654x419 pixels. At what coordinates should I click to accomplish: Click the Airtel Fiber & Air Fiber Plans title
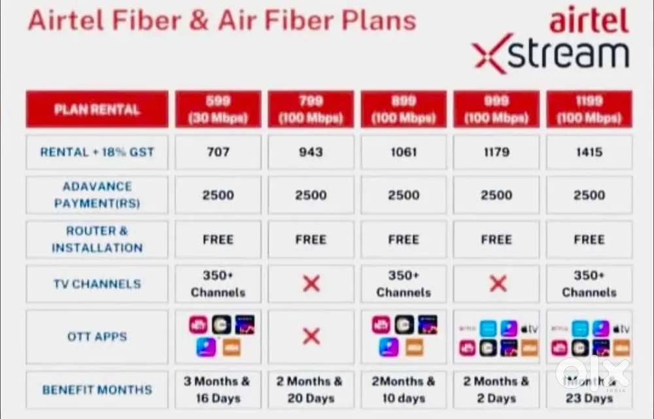(222, 20)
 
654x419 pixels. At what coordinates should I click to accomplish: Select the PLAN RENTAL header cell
(97, 109)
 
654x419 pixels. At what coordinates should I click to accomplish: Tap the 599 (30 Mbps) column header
(218, 109)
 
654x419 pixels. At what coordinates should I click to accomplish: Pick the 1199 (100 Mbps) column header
(589, 109)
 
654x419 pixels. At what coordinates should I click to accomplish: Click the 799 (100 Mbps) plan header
(311, 109)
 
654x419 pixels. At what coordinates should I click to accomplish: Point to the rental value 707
(218, 152)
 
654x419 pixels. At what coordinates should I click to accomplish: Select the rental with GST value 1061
(404, 152)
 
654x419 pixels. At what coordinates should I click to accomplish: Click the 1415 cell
(589, 152)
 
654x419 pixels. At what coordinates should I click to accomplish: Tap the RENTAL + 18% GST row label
(97, 152)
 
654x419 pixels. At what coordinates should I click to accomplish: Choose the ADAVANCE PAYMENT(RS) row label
(97, 195)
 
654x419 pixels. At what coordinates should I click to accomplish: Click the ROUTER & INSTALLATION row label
(97, 239)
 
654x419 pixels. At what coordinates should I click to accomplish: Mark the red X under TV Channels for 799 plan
(311, 284)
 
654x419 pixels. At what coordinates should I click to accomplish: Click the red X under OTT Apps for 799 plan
(311, 337)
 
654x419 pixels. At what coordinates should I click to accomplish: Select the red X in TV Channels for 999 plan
(498, 284)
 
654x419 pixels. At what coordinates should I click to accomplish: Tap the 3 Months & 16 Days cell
(218, 390)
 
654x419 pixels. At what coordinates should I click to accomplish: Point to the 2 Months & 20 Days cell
(311, 390)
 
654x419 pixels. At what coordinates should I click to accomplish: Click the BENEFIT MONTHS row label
(97, 390)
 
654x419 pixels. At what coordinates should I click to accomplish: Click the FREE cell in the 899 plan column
(404, 239)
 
